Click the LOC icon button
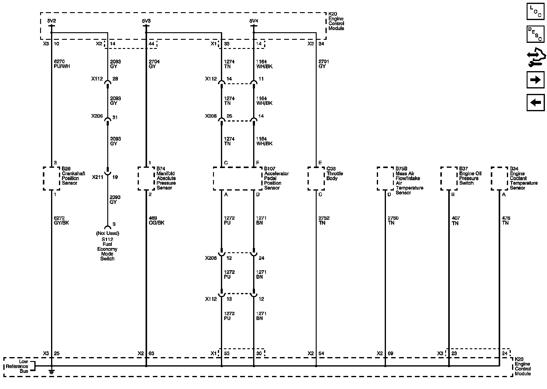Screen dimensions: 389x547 click(x=535, y=12)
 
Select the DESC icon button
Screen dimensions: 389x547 click(x=535, y=34)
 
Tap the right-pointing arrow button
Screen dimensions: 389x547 click(x=535, y=80)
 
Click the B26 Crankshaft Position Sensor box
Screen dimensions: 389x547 click(x=51, y=178)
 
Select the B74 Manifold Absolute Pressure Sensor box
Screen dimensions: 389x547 click(x=146, y=178)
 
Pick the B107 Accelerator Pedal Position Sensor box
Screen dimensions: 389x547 click(x=237, y=178)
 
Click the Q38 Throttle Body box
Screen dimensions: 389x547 click(x=316, y=178)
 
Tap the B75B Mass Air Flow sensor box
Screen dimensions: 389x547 click(x=385, y=178)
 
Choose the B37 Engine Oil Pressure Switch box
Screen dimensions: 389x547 click(x=449, y=178)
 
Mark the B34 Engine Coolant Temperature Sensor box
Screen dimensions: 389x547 click(x=499, y=178)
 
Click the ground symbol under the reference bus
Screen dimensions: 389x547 click(x=52, y=371)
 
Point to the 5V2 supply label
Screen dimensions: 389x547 click(x=52, y=21)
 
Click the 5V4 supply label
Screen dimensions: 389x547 click(x=253, y=21)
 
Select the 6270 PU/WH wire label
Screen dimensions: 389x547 click(x=62, y=64)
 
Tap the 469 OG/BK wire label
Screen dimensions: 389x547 click(x=157, y=220)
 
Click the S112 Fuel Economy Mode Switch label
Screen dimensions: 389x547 click(x=107, y=249)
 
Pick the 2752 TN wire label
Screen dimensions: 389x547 click(x=324, y=220)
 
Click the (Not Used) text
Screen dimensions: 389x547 click(x=107, y=233)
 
